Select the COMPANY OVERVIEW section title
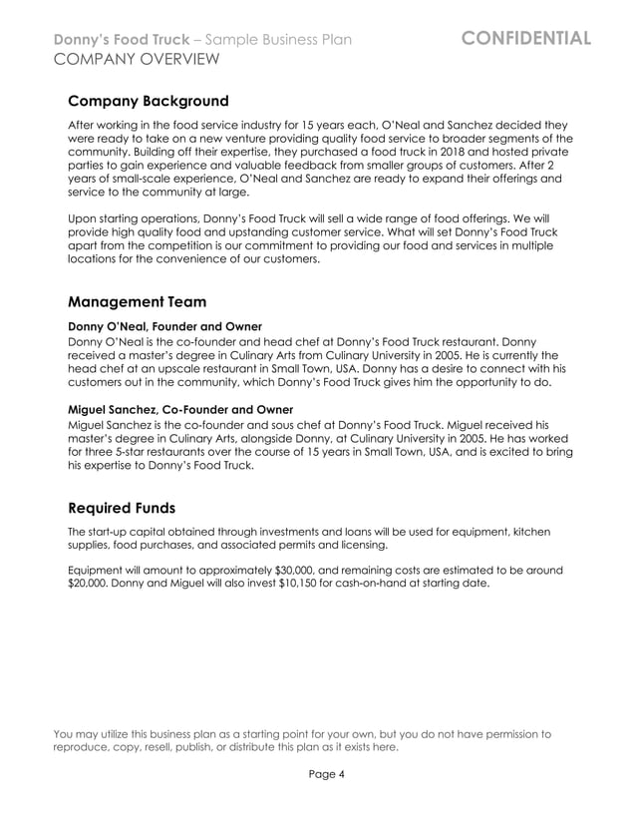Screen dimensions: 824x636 click(x=137, y=61)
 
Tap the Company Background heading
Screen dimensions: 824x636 click(x=148, y=102)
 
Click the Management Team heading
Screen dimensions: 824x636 click(x=137, y=301)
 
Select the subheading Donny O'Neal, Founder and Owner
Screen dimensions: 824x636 click(x=164, y=326)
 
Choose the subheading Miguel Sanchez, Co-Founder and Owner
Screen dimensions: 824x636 click(x=179, y=409)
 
